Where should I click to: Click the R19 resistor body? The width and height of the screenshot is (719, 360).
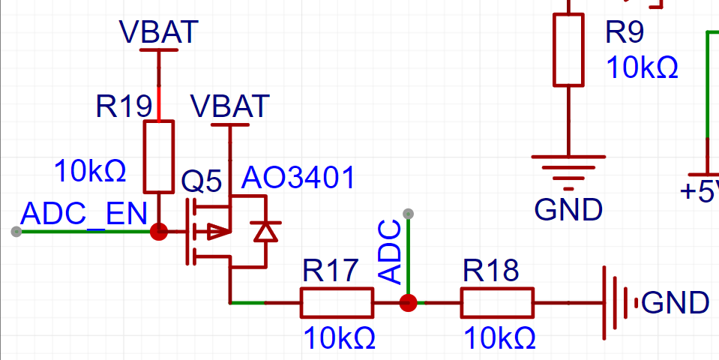pyautogui.click(x=159, y=157)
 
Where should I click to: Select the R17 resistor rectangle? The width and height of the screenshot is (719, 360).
pyautogui.click(x=337, y=303)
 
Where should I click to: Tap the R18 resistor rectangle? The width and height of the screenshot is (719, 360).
pyautogui.click(x=498, y=303)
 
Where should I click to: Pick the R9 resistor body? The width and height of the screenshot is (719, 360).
pyautogui.click(x=568, y=50)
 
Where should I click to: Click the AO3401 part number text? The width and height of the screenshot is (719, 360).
pyautogui.click(x=298, y=178)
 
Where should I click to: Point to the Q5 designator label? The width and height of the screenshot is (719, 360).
pyautogui.click(x=201, y=181)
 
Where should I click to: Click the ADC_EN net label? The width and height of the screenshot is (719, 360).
pyautogui.click(x=83, y=214)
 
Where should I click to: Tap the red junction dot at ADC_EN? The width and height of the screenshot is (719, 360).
pyautogui.click(x=159, y=232)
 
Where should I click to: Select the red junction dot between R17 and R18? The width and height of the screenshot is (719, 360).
pyautogui.click(x=408, y=303)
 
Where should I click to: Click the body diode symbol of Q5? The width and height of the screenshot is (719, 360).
pyautogui.click(x=266, y=231)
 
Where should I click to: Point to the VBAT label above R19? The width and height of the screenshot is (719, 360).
pyautogui.click(x=159, y=31)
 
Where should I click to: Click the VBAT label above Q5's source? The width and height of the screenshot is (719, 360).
pyautogui.click(x=229, y=106)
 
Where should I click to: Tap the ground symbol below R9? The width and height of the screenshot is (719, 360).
pyautogui.click(x=568, y=172)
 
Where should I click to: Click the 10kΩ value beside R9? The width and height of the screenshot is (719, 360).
pyautogui.click(x=642, y=67)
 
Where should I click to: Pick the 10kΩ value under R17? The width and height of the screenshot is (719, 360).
pyautogui.click(x=340, y=338)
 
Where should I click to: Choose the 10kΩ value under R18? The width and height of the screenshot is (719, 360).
pyautogui.click(x=500, y=338)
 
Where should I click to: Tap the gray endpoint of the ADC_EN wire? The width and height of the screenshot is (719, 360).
pyautogui.click(x=16, y=232)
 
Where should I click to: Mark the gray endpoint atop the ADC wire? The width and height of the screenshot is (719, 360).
pyautogui.click(x=408, y=214)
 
